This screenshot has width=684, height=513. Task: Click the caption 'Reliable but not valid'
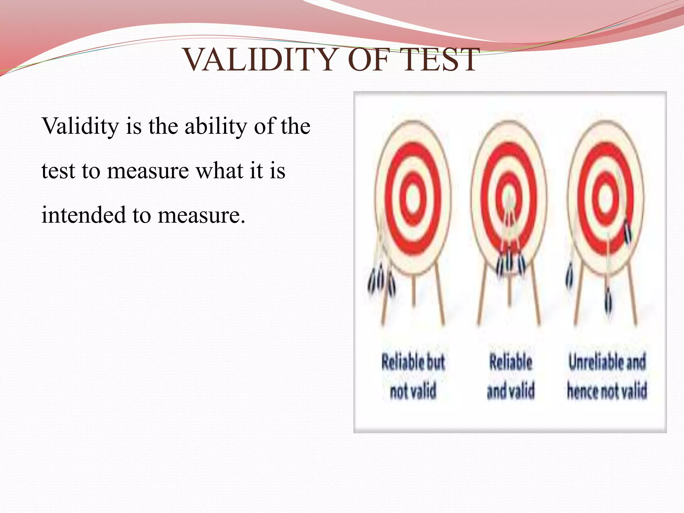pos(413,376)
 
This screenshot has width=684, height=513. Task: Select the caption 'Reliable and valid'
pos(511,376)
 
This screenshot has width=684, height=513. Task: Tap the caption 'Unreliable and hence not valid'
pos(607,376)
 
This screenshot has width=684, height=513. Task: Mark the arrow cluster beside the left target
pos(382,283)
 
